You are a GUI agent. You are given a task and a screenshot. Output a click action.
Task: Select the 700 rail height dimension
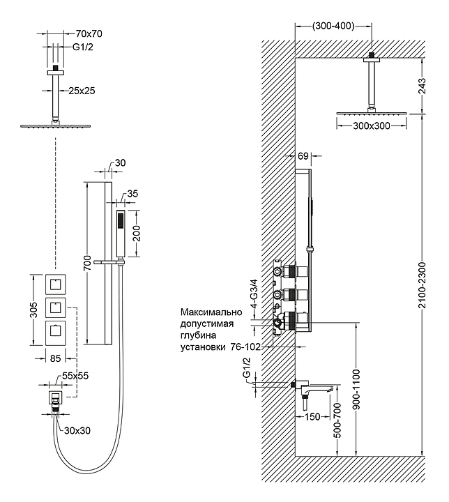tap(86, 263)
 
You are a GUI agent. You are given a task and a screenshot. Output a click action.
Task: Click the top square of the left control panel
tap(54, 284)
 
